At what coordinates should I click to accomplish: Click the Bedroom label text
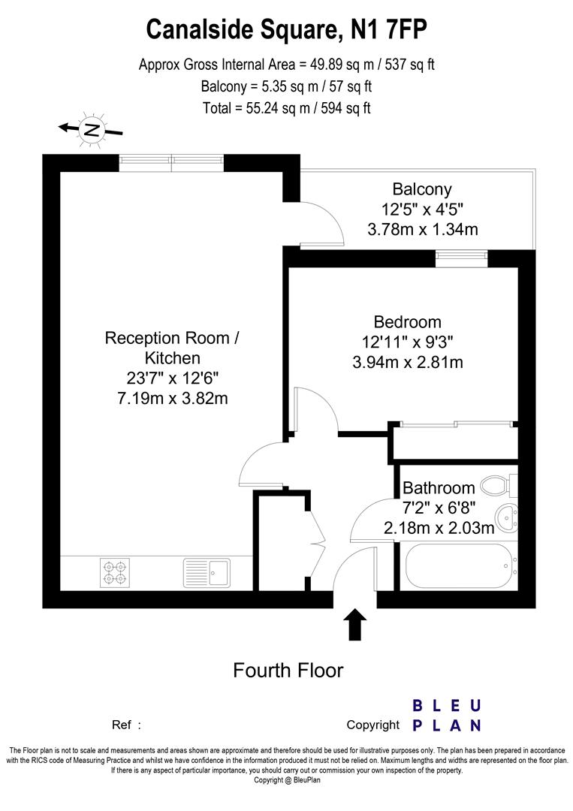point(407,322)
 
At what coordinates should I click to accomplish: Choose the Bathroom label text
point(439,488)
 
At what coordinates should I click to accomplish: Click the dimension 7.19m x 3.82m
point(167,398)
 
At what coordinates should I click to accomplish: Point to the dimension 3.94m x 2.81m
point(407,363)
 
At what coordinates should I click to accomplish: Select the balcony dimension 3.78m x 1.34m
point(422,229)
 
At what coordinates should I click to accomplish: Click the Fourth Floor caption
point(288,670)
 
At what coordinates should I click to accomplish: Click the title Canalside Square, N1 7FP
point(287,29)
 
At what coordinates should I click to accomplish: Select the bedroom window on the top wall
point(461,258)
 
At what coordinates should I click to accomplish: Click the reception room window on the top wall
point(172,162)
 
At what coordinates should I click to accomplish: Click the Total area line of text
point(287,107)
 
